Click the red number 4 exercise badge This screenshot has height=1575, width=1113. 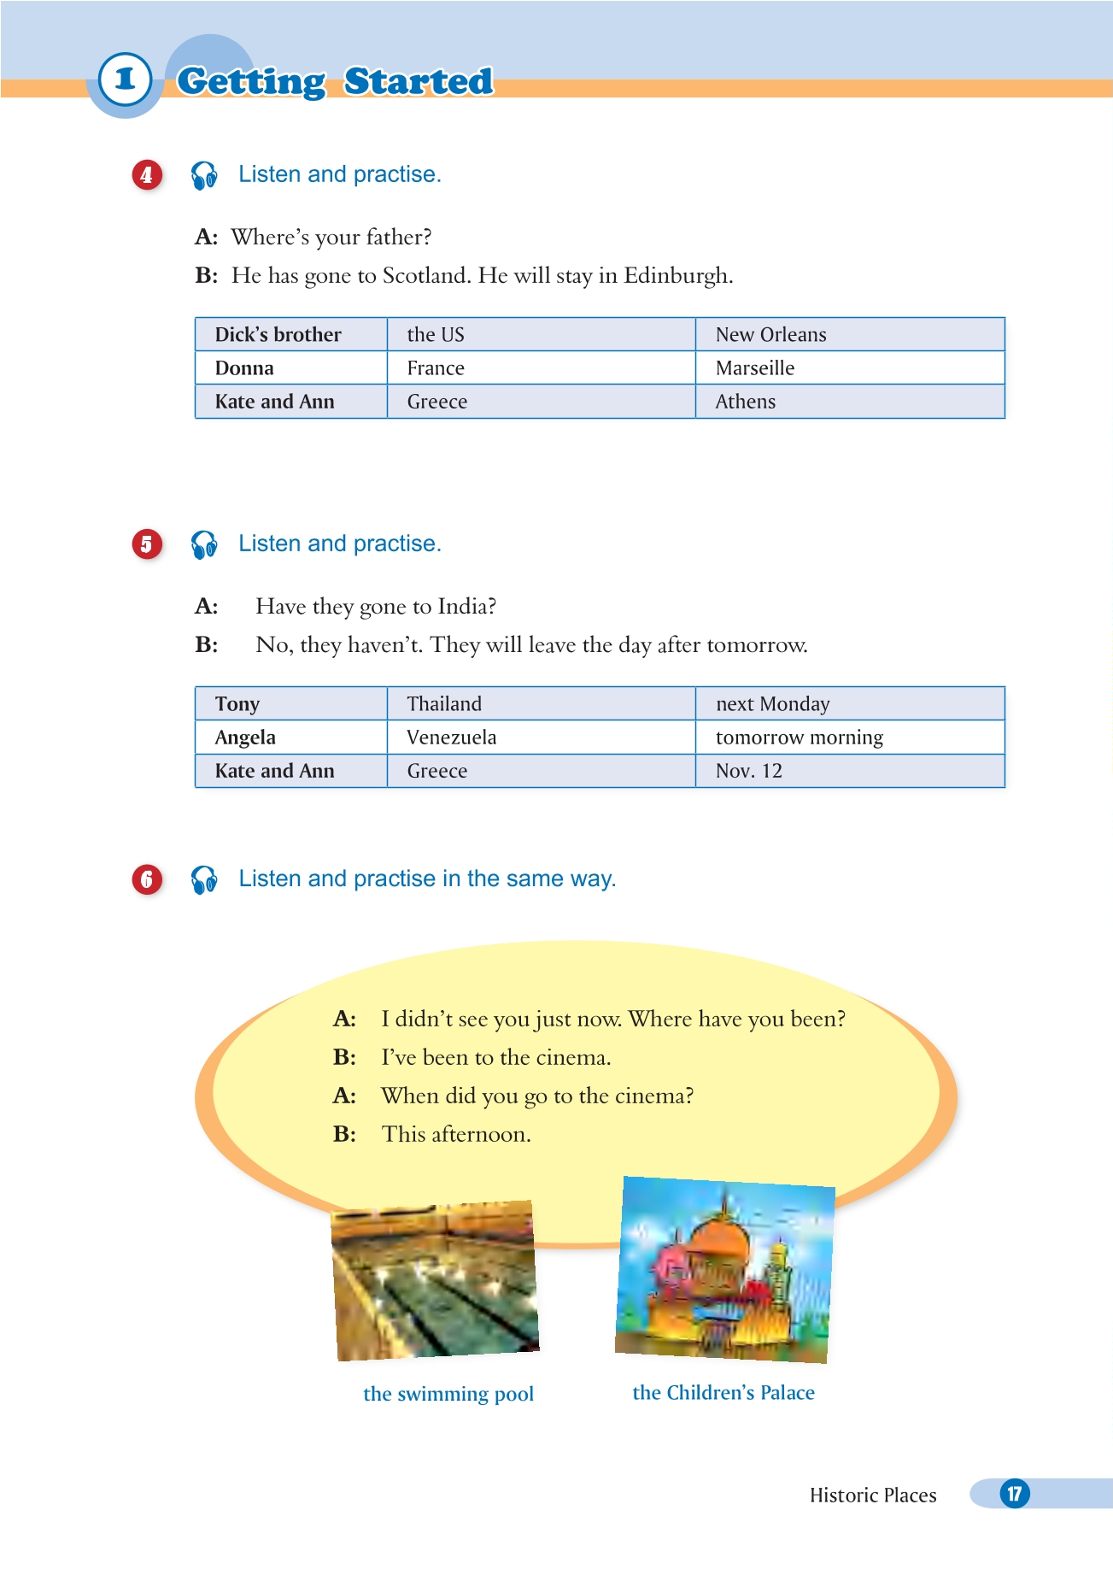click(147, 175)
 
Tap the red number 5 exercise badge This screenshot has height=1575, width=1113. click(147, 544)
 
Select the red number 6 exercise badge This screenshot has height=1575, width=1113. click(147, 879)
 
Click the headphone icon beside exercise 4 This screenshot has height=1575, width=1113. click(204, 175)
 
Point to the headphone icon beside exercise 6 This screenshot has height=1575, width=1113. click(204, 879)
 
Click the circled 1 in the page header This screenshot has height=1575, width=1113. click(125, 79)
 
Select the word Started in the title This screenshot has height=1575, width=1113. click(419, 81)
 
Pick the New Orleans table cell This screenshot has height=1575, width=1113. click(770, 335)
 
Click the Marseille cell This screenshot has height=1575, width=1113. click(755, 368)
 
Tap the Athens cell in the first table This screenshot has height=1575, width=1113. click(746, 402)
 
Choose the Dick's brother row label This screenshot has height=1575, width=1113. click(278, 335)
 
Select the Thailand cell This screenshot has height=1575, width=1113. click(444, 704)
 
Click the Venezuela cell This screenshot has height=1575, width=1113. click(451, 738)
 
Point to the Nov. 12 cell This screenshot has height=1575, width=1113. click(749, 771)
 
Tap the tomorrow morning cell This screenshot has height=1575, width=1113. click(800, 738)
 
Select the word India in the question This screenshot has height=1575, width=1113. click(465, 607)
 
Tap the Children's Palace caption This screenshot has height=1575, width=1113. click(723, 1393)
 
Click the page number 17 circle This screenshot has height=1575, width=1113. click(1015, 1494)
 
